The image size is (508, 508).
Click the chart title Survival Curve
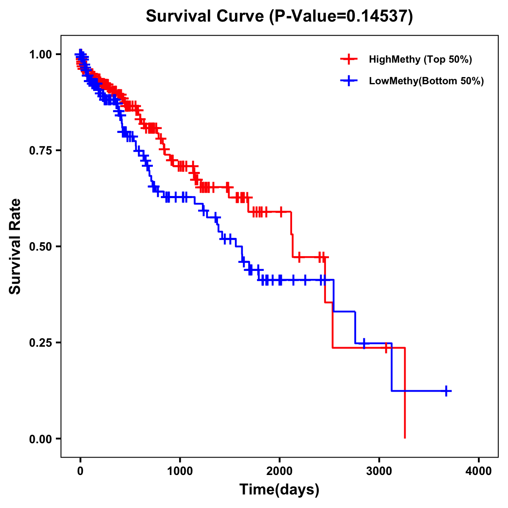206,16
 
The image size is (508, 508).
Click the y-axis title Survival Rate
15,246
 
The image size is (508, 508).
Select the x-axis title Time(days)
279,490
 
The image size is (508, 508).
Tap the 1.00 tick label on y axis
40,54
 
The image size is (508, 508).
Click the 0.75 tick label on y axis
40,150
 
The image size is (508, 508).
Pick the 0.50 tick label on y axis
40,246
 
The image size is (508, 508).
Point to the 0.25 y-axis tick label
40,342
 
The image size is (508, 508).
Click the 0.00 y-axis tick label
40,439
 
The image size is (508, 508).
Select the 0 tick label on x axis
80,471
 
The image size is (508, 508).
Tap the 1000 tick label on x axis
180,471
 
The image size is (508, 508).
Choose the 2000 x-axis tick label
279,471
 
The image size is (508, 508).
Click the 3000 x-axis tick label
379,471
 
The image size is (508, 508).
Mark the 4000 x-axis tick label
479,471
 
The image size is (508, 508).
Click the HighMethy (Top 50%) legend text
420,59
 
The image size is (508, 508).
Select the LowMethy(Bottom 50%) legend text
426,81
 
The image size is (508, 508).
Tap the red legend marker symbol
349,59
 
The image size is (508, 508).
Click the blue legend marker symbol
349,81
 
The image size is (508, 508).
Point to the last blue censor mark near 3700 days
446,391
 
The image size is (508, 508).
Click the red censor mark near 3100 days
386,348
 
